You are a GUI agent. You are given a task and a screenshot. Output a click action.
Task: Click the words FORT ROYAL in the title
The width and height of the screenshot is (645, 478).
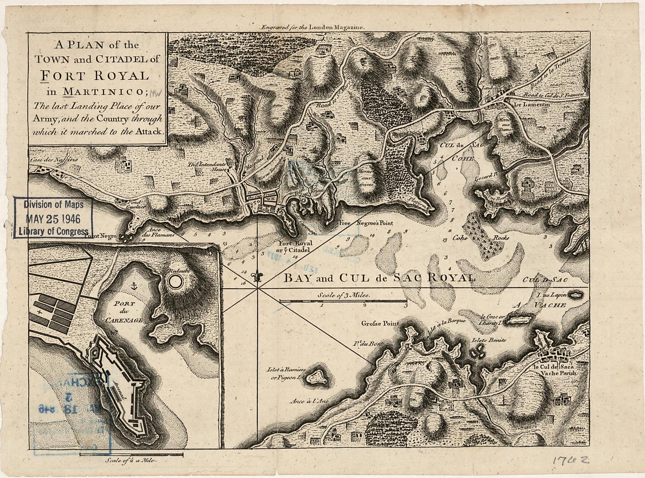pos(94,76)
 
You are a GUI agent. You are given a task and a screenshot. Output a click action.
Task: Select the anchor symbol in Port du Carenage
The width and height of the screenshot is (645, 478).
pos(134,286)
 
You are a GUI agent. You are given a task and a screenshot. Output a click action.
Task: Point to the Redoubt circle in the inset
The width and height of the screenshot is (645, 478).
pos(175,281)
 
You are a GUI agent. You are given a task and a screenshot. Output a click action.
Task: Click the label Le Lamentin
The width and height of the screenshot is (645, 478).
pos(532,105)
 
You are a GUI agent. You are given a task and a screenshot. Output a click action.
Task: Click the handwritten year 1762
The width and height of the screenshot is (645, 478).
pos(570,461)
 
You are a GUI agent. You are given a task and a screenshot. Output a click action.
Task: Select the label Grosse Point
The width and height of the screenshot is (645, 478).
pos(380,323)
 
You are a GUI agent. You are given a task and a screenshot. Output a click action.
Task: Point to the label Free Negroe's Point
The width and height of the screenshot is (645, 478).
pos(366,223)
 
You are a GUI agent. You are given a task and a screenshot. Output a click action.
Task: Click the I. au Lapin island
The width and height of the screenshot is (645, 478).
pos(576,295)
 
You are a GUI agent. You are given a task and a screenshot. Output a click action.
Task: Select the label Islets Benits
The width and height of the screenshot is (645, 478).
pos(488,340)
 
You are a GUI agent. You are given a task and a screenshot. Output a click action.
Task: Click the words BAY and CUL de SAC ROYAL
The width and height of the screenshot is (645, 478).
pos(379,278)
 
